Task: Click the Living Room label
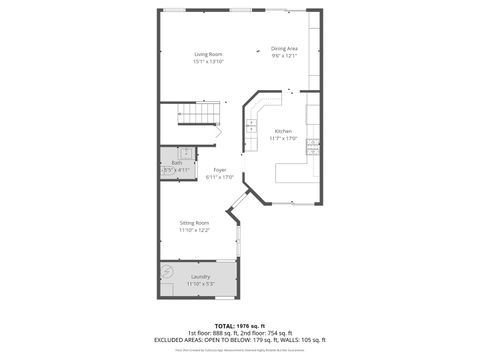click(208, 54)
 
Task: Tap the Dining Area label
click(284, 48)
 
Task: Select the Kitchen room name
click(283, 131)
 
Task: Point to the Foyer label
click(219, 170)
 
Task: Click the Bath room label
click(176, 162)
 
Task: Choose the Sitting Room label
click(194, 222)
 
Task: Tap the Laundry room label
click(200, 276)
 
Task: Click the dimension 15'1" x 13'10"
click(208, 62)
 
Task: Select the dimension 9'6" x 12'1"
click(284, 56)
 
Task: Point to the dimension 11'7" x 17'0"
click(283, 139)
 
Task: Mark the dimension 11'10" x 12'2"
click(194, 230)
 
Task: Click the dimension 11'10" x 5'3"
click(200, 284)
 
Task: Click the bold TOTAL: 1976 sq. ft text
click(239, 326)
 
